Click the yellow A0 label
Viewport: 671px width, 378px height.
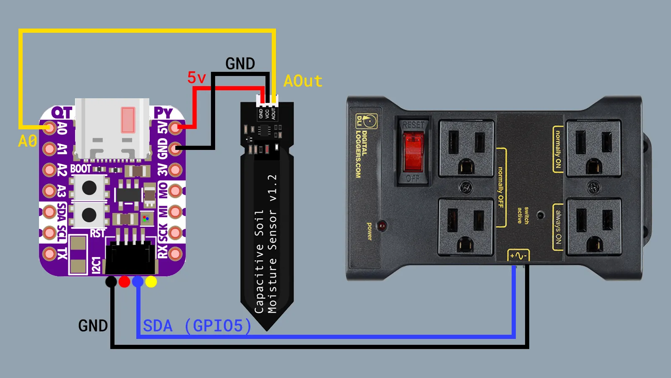28,141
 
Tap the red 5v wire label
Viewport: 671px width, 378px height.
196,78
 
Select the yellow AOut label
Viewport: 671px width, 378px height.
303,81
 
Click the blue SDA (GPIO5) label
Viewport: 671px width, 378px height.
197,326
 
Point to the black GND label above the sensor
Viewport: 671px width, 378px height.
240,64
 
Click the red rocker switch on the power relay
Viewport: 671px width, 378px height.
413,152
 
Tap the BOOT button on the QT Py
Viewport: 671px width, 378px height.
89,188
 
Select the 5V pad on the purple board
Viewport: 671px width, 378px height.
175,127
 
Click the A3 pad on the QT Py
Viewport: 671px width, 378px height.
49,191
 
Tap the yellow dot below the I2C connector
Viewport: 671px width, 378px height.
151,282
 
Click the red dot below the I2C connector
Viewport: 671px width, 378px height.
124,282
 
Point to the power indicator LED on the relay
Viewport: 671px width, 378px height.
382,226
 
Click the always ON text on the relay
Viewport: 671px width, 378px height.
558,227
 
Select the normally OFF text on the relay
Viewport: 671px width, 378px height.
500,187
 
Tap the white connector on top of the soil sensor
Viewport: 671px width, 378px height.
267,100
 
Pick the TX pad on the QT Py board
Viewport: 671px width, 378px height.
49,254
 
